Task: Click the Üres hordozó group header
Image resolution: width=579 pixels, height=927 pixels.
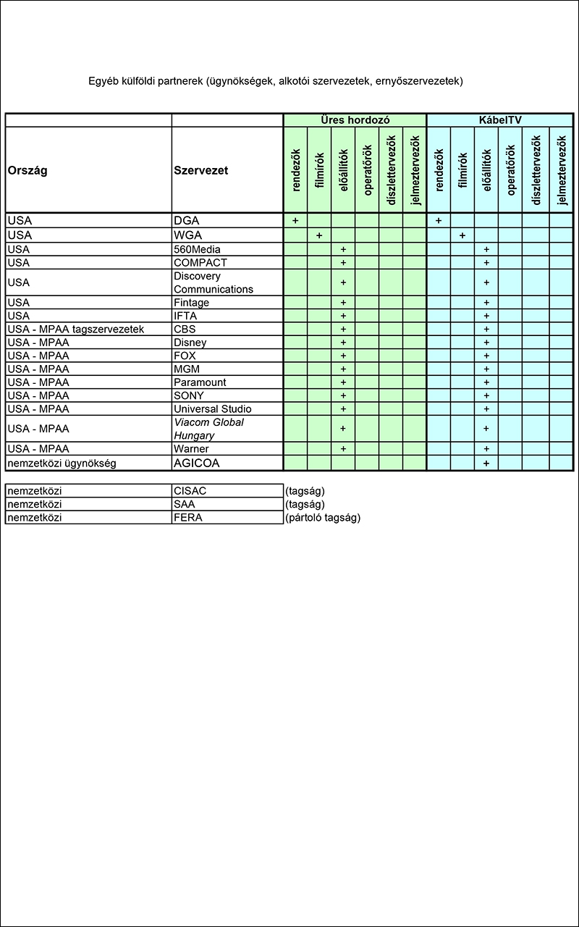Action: click(355, 120)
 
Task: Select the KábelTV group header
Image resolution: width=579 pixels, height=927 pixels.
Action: click(500, 120)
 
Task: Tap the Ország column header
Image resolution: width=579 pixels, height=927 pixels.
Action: click(28, 171)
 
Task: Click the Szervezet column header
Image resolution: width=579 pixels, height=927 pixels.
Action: click(201, 171)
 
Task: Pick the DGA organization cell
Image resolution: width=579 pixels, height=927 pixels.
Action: click(187, 220)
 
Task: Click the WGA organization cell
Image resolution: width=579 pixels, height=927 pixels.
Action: click(188, 235)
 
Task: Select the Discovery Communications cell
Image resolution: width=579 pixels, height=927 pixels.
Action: click(214, 282)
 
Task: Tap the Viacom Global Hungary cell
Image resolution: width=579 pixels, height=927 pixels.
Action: click(208, 429)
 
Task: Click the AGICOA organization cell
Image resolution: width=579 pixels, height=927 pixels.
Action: click(196, 463)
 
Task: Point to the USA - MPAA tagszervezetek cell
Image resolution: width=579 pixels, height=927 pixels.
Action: click(76, 329)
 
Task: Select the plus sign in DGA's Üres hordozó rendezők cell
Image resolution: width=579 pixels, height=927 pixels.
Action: click(295, 220)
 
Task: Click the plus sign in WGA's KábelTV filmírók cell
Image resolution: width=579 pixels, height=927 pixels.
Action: click(462, 235)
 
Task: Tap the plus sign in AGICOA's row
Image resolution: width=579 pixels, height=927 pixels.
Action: click(486, 463)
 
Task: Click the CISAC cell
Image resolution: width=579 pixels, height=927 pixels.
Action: click(190, 491)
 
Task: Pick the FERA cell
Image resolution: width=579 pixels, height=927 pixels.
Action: click(188, 518)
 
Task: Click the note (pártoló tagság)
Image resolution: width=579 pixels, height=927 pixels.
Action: click(323, 518)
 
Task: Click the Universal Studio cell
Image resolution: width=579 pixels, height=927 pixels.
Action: click(213, 409)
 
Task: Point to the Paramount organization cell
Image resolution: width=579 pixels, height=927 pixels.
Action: click(200, 382)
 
